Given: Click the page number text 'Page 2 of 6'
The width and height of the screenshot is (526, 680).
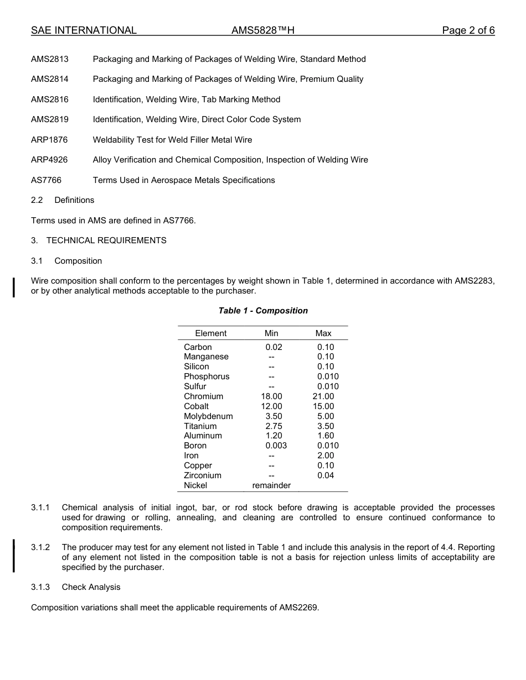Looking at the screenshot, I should pyautogui.click(x=468, y=30).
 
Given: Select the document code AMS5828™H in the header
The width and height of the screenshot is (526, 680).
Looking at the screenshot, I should pyautogui.click(x=263, y=30).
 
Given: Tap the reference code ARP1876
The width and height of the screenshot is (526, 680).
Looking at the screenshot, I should pyautogui.click(x=49, y=140).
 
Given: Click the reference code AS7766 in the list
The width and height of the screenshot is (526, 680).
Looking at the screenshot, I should pyautogui.click(x=46, y=180).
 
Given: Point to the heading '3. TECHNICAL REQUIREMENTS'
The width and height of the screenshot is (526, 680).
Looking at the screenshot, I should pyautogui.click(x=99, y=240).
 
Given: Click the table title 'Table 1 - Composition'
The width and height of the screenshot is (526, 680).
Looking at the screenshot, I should pyautogui.click(x=263, y=311).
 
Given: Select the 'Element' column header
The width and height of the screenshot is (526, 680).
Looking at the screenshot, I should pyautogui.click(x=210, y=333).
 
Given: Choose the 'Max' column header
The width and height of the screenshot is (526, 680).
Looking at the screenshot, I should pyautogui.click(x=323, y=333).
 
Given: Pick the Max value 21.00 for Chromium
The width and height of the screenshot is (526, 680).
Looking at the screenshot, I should pyautogui.click(x=323, y=396).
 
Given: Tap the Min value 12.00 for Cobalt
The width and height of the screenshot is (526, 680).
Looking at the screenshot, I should pyautogui.click(x=271, y=406).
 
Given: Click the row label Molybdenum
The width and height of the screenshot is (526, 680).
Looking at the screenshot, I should pyautogui.click(x=208, y=416).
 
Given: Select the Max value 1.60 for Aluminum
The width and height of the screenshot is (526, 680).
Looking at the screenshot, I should pyautogui.click(x=326, y=436).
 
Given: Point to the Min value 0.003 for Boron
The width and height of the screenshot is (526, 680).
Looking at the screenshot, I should pyautogui.click(x=276, y=446).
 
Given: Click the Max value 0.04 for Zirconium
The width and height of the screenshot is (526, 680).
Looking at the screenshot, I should pyautogui.click(x=326, y=475).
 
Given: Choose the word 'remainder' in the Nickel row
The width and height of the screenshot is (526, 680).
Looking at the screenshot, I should pyautogui.click(x=271, y=485).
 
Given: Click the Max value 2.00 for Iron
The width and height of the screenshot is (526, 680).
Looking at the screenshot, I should pyautogui.click(x=326, y=456).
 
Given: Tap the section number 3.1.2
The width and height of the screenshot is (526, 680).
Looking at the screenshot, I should pyautogui.click(x=40, y=547).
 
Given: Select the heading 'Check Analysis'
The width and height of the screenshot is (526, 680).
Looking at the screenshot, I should pyautogui.click(x=91, y=587).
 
